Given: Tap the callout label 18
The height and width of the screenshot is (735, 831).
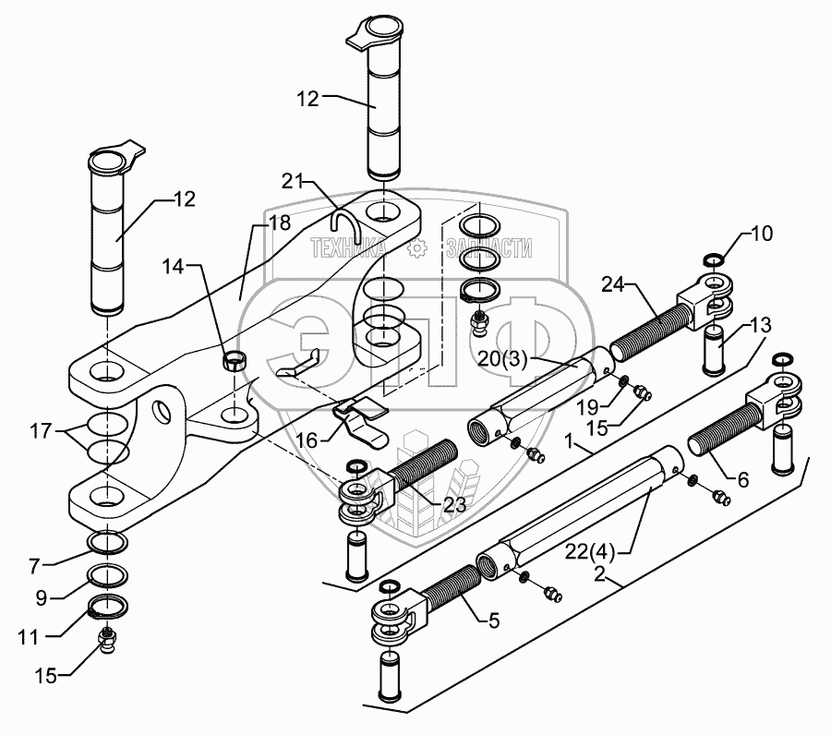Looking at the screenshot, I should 278,223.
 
